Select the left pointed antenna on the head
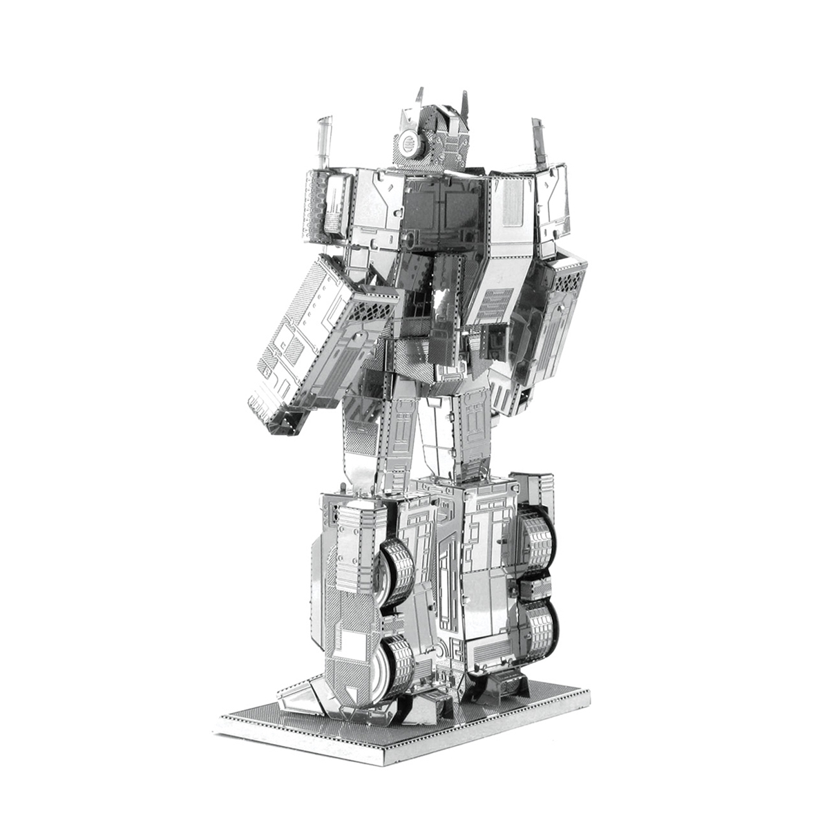click(x=419, y=97)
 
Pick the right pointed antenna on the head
click(x=465, y=104)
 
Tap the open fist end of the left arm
click(x=276, y=414)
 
